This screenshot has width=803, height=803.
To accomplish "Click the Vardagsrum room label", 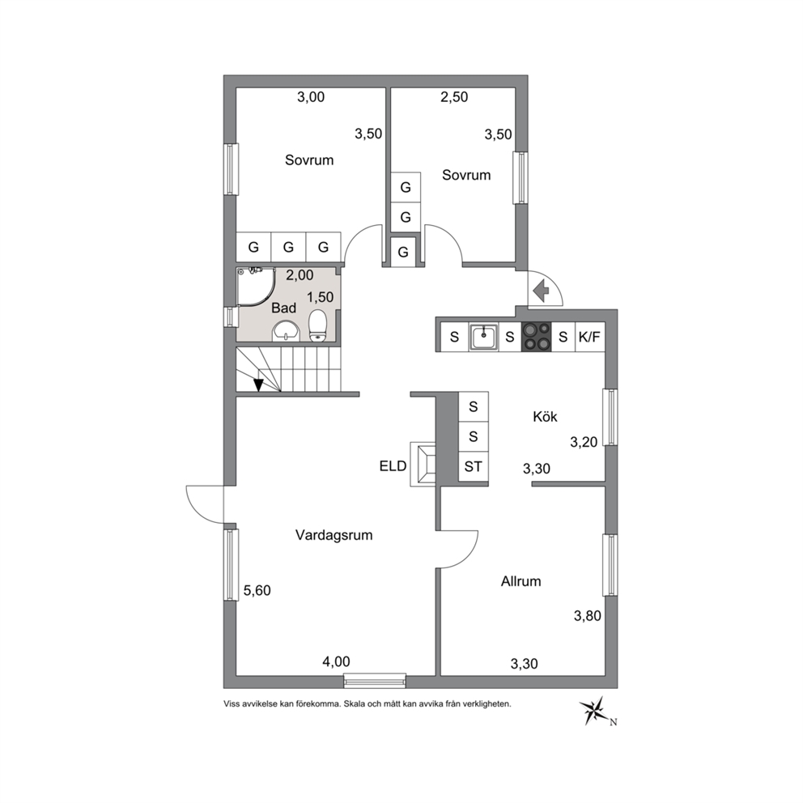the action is (x=334, y=535).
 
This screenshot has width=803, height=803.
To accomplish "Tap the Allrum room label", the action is (x=520, y=581).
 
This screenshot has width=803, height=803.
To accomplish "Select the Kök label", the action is (x=545, y=416).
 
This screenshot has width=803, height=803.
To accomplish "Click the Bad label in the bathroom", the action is (x=283, y=308).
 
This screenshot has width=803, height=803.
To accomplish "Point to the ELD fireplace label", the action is (x=393, y=466).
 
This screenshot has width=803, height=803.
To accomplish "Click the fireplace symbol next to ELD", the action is (x=423, y=465).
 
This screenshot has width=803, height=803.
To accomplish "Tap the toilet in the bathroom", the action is (x=318, y=325).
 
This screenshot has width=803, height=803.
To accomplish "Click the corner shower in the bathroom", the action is (x=256, y=287).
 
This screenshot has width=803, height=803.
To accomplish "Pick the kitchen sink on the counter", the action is (x=483, y=337).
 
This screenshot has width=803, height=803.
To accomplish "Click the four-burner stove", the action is (x=536, y=337).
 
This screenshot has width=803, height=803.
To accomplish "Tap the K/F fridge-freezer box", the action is (x=590, y=337).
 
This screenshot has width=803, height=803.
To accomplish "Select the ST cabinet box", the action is (x=474, y=466).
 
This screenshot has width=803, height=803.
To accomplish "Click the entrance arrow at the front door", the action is (x=541, y=291).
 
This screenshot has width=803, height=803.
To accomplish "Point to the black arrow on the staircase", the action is (x=258, y=385).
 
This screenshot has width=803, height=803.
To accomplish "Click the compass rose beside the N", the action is (x=593, y=710).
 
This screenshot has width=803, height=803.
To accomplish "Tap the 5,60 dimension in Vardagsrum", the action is (x=257, y=590).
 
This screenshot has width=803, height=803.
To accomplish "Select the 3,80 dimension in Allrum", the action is (x=588, y=615).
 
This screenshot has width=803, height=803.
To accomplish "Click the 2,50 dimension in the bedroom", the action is (x=454, y=97).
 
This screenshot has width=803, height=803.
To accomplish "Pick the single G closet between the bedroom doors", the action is (x=403, y=252).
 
